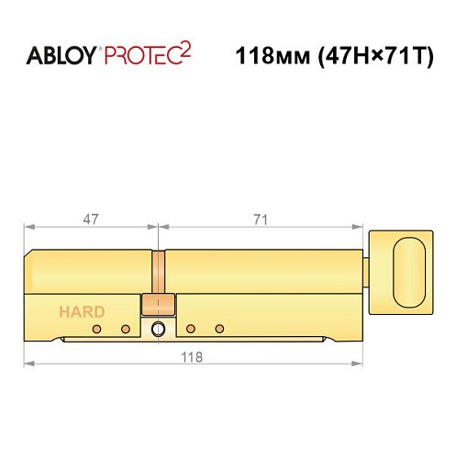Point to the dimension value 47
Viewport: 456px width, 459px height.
pyautogui.click(x=92, y=219)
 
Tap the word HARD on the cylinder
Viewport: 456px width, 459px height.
pyautogui.click(x=82, y=311)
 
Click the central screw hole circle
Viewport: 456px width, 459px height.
pyautogui.click(x=158, y=330)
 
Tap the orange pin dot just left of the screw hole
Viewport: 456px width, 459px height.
pyautogui.click(x=127, y=330)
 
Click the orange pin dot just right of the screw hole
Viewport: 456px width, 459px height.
pyautogui.click(x=191, y=330)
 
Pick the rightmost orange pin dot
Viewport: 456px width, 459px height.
pyautogui.click(x=218, y=330)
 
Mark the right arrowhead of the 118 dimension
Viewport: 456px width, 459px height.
pyautogui.click(x=364, y=366)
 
